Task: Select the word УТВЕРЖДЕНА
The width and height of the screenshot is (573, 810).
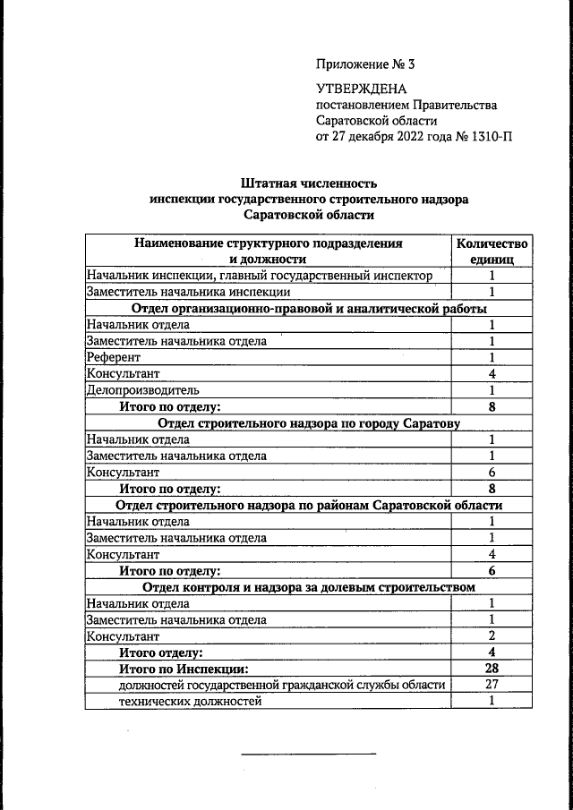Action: coord(361,89)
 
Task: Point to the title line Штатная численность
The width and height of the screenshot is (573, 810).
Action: coord(308,183)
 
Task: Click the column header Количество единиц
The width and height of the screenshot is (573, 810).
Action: coord(492,251)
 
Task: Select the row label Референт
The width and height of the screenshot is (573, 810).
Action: coord(115,357)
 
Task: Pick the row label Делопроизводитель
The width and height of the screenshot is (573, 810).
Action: coord(142,390)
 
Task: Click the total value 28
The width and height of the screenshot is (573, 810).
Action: coord(492,669)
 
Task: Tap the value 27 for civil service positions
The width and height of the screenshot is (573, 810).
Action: coord(492,685)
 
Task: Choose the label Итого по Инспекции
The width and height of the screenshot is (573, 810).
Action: coord(184,669)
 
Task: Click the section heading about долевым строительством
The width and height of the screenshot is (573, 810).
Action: coord(308,587)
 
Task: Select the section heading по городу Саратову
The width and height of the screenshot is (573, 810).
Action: coord(308,423)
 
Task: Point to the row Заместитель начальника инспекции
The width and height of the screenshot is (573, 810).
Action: coord(188,292)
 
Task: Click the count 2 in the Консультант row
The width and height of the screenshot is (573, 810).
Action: coord(492,636)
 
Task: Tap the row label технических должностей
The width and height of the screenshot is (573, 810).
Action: coord(190,701)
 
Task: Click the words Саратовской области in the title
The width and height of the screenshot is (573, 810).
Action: coord(308,215)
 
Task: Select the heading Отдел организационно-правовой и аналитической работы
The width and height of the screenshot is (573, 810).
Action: coord(308,309)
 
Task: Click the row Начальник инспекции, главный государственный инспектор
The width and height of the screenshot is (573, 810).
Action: coord(259,276)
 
